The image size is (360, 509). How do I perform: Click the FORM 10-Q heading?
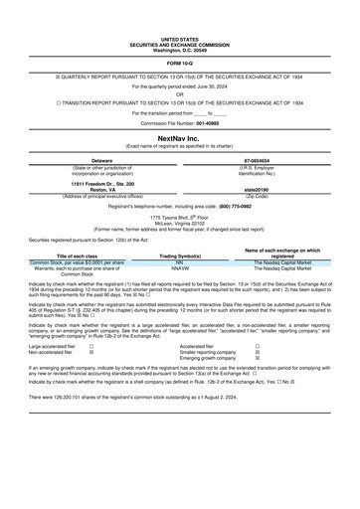[180, 62]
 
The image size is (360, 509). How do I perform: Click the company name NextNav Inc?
[180, 139]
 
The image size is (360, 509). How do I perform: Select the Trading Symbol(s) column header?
[180, 255]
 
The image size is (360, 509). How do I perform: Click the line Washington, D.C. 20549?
[180, 50]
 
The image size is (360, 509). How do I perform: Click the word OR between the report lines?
[180, 93]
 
